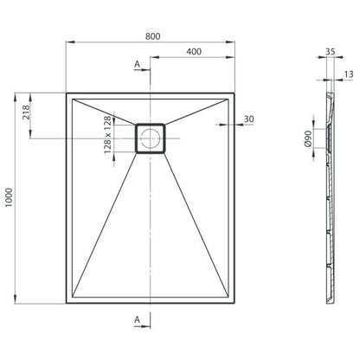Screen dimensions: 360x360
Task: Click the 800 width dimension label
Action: coord(152,36)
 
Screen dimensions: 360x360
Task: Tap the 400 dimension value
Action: coord(194,52)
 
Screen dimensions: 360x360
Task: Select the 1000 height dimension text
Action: coord(9,197)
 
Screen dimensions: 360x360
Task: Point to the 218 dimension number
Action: coord(26,112)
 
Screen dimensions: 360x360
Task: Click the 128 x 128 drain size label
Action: coord(107,134)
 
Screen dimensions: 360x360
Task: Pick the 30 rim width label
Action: coord(248,119)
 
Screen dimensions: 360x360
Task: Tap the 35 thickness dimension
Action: coord(331,51)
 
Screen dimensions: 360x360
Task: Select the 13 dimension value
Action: coord(349,74)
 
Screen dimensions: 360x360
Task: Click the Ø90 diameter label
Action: coord(308,138)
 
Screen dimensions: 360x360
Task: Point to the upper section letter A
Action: coord(138,64)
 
